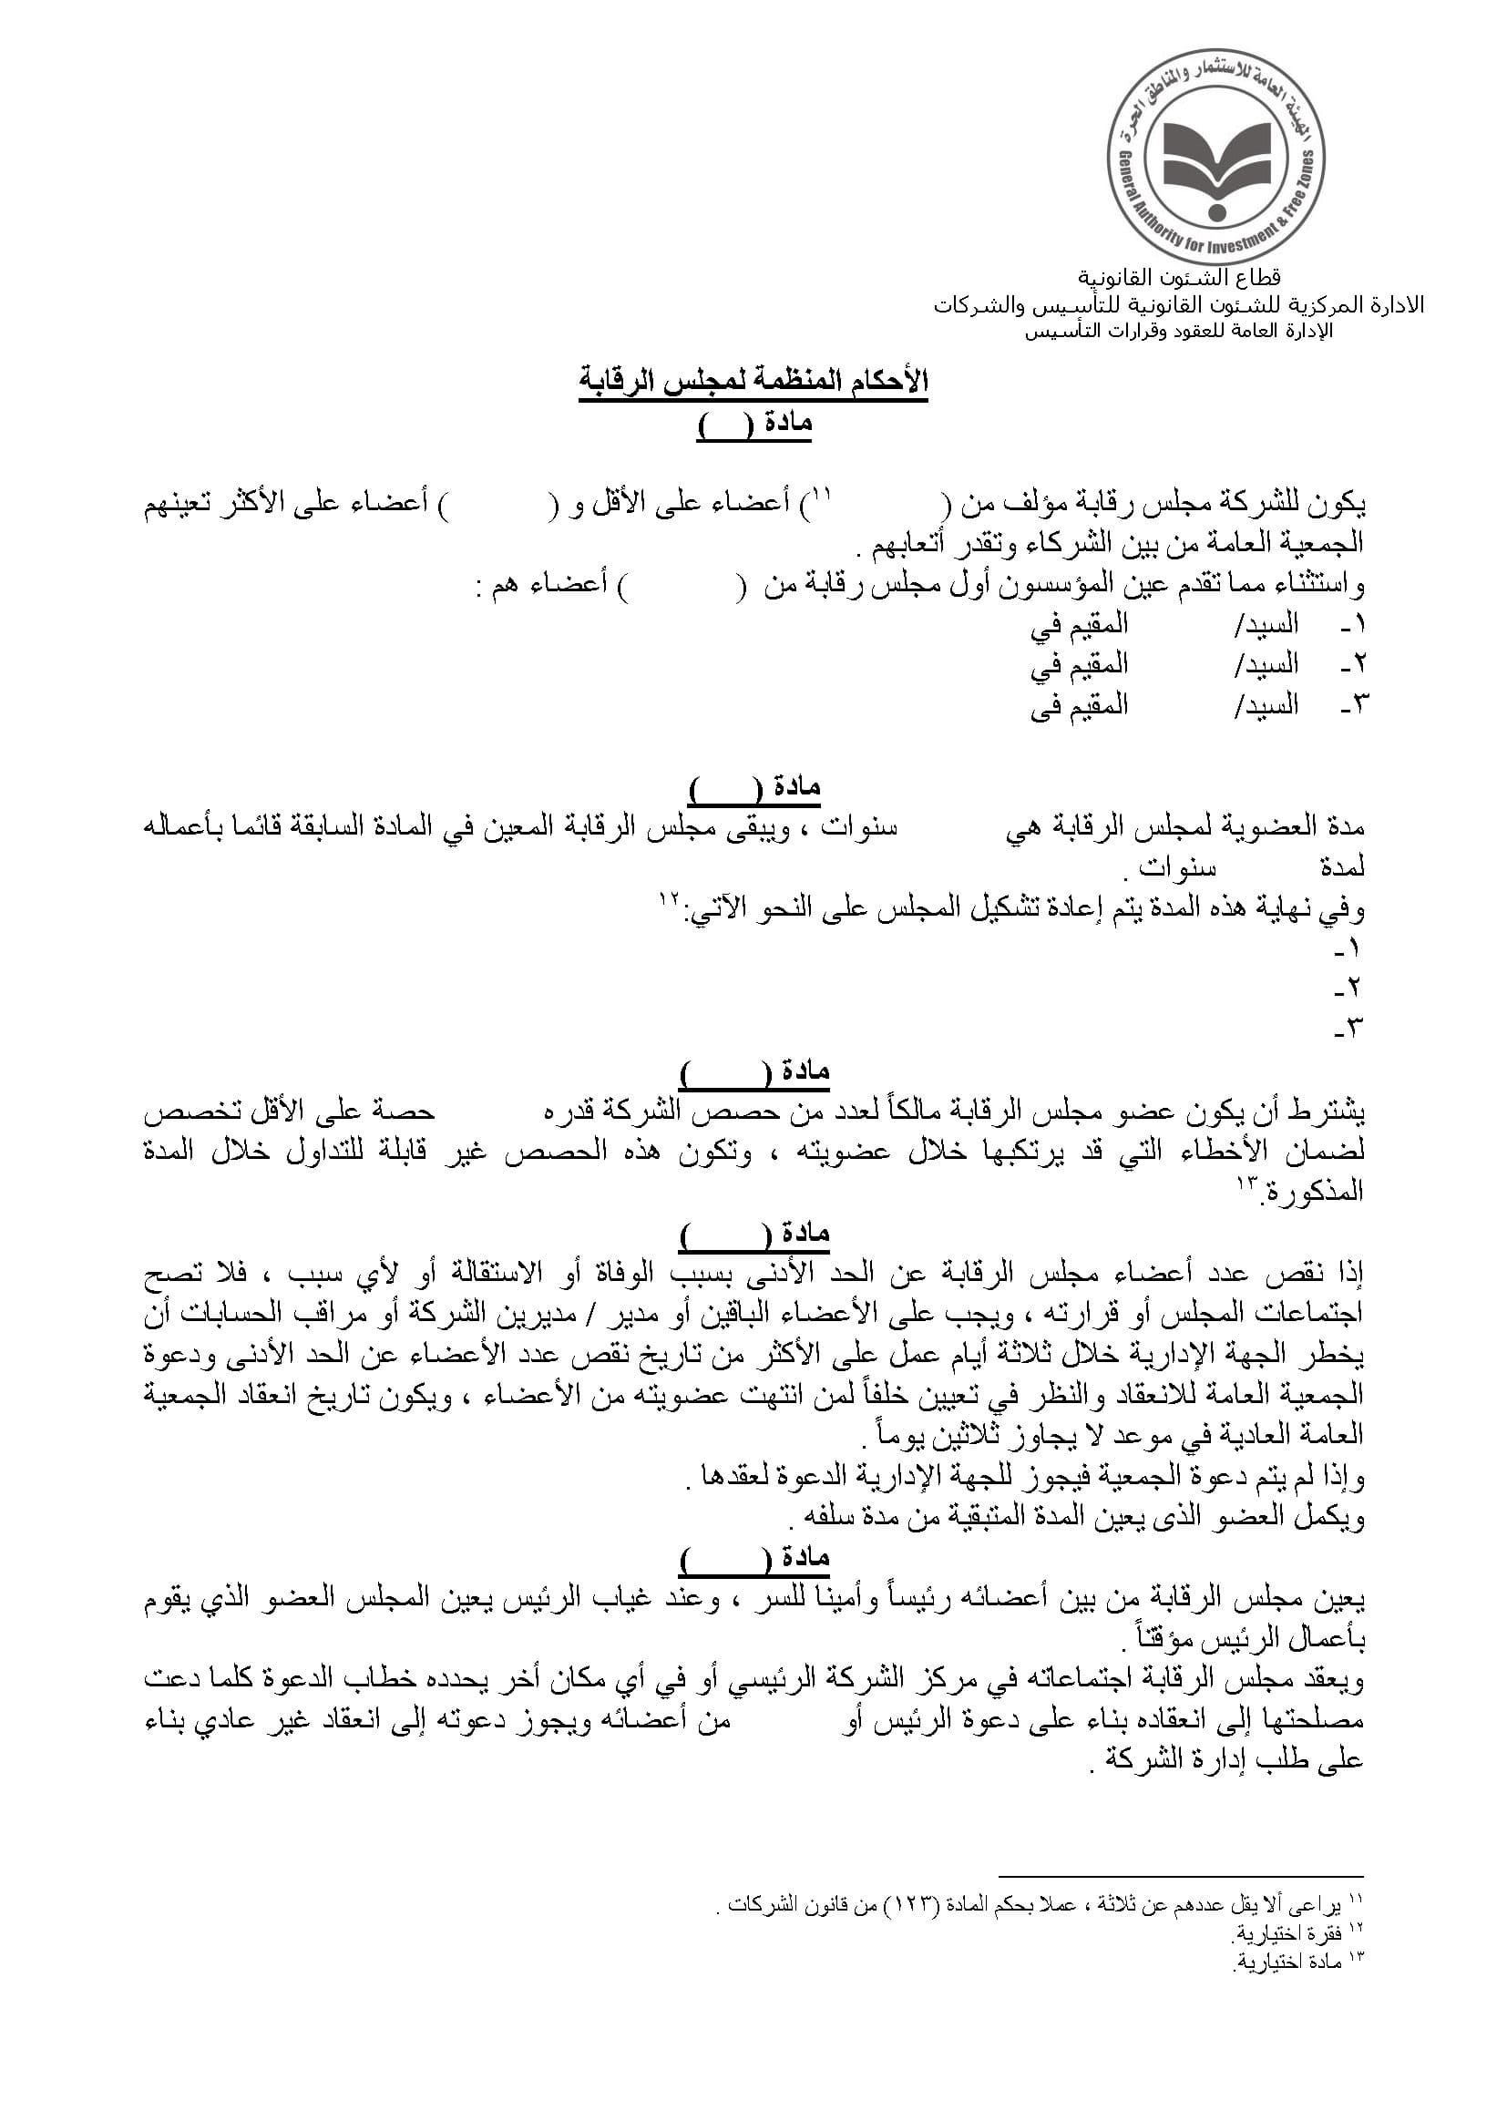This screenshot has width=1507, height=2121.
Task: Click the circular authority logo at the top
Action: click(x=1215, y=159)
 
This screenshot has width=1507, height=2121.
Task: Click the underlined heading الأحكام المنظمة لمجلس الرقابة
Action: click(x=753, y=383)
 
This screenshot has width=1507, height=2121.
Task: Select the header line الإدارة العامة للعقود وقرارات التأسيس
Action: click(x=1178, y=332)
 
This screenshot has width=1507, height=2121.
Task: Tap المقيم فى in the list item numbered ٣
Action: click(x=1079, y=705)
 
